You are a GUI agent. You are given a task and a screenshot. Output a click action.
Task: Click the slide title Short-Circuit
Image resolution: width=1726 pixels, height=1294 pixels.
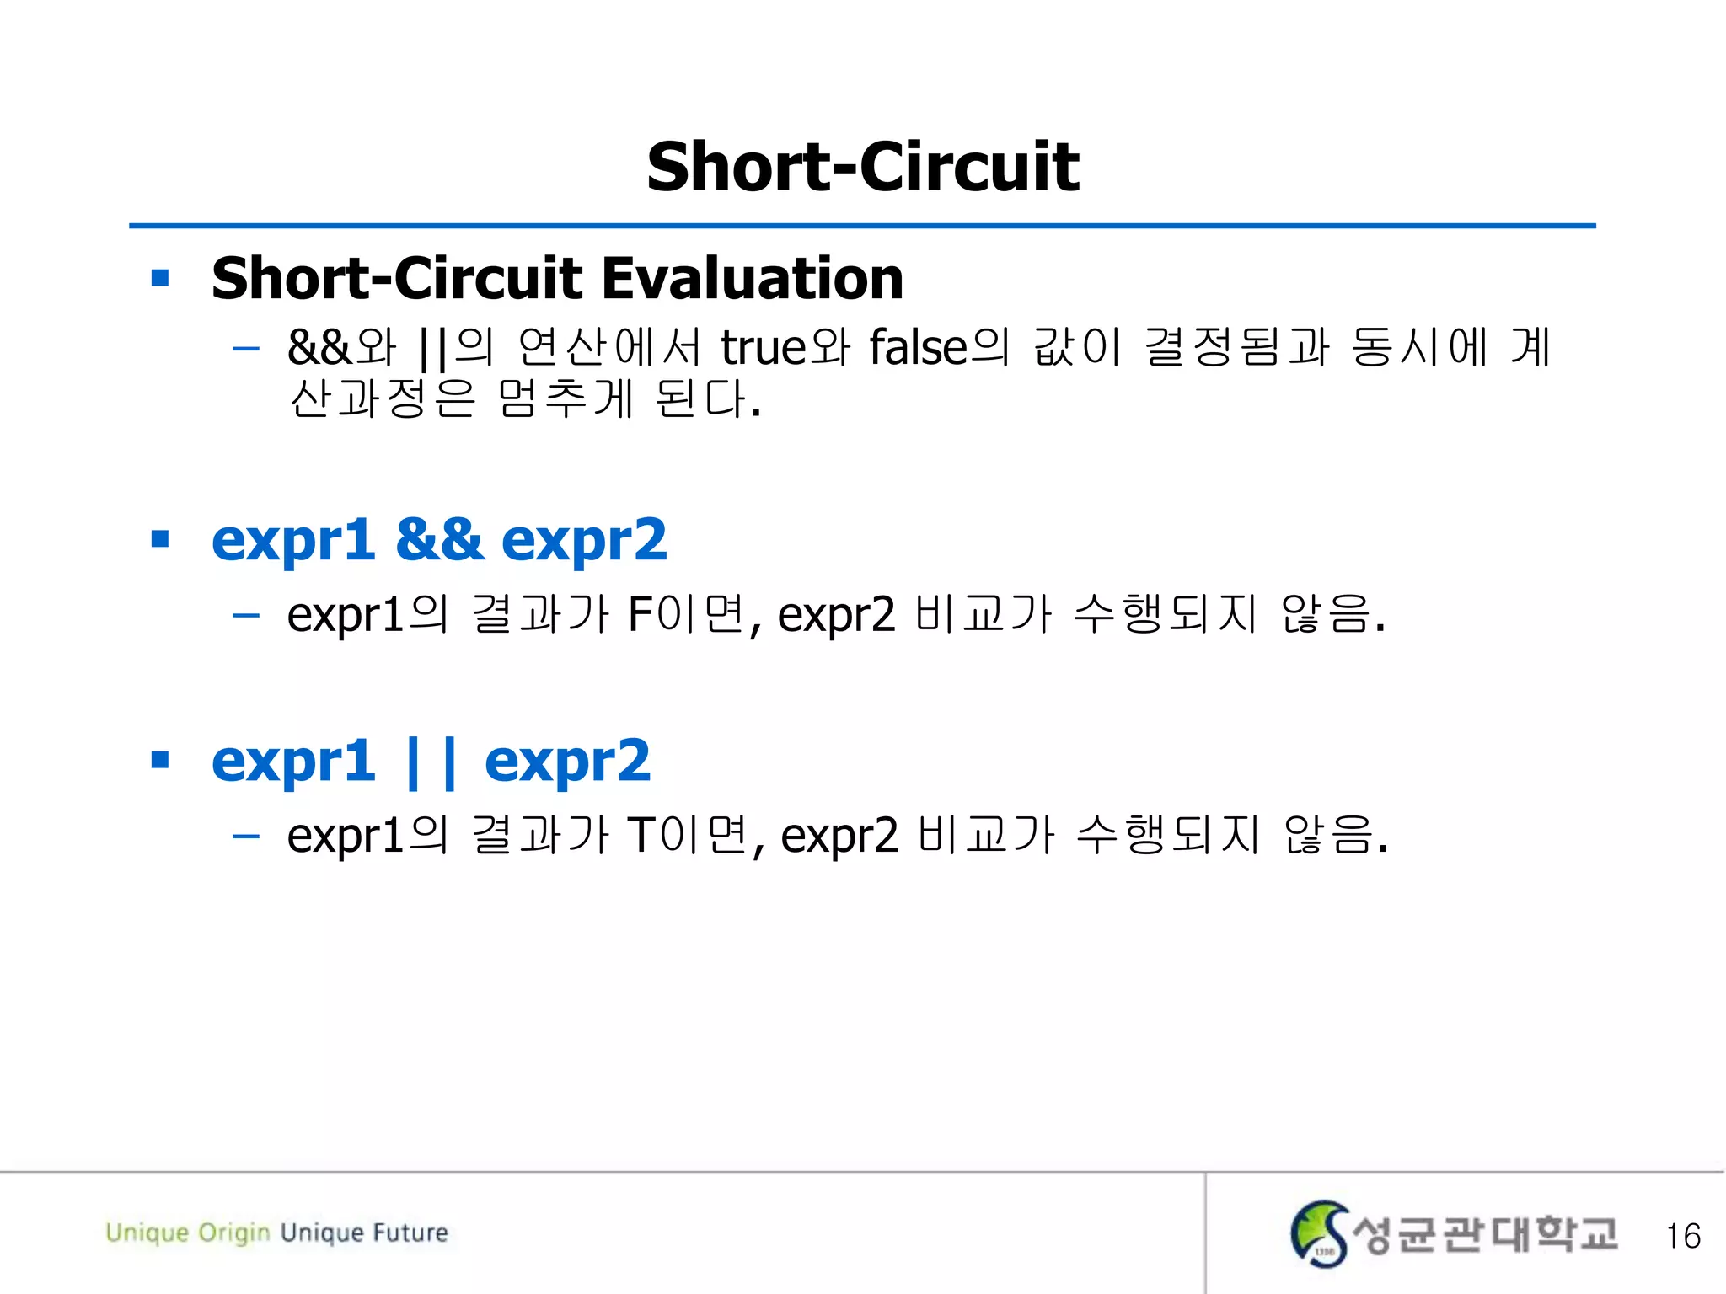(862, 167)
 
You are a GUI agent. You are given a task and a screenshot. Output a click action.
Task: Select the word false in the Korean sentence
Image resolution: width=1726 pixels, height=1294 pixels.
(918, 346)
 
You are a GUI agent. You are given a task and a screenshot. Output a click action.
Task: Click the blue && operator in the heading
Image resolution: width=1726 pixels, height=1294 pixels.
(439, 539)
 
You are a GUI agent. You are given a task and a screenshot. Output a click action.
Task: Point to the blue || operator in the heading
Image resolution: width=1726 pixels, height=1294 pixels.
(431, 761)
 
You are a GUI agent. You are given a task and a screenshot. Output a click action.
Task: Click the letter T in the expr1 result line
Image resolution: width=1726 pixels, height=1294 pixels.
(642, 835)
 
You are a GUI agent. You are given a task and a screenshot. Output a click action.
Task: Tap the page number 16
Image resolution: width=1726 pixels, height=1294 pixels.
(1682, 1236)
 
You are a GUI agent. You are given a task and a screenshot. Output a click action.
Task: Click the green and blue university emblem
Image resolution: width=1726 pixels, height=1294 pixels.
(1320, 1233)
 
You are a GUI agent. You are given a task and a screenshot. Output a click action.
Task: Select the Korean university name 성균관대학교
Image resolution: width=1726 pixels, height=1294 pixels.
(1484, 1234)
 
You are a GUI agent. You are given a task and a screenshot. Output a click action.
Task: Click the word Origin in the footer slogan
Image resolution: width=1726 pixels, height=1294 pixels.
(234, 1233)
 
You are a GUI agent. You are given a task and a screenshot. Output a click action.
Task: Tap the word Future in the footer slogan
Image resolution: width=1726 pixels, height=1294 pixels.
(410, 1233)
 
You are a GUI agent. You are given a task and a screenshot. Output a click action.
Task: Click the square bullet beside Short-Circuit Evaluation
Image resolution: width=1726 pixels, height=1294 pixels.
(160, 278)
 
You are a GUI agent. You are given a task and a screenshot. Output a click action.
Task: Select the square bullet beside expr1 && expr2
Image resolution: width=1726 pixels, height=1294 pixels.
(160, 539)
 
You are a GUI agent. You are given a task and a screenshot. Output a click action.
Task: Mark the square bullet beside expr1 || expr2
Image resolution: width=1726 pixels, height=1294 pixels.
(160, 761)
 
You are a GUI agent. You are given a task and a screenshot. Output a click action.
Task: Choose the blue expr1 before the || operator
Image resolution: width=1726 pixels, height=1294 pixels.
(293, 761)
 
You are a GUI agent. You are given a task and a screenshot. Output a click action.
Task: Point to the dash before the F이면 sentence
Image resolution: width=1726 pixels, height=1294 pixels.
(245, 615)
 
